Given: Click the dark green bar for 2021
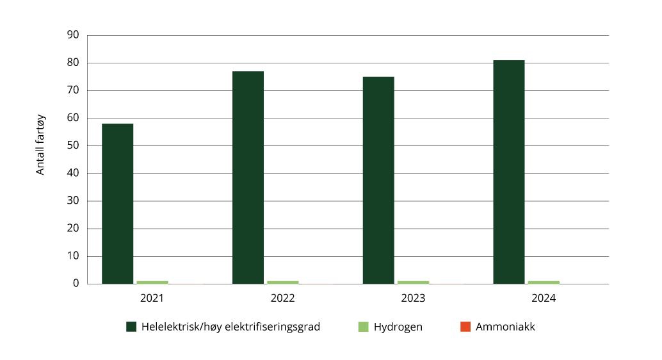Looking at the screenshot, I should coord(117,204).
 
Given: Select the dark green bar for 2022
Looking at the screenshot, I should coord(248,177).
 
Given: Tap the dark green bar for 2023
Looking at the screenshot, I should coord(378,180).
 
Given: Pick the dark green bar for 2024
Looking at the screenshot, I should coord(509,172).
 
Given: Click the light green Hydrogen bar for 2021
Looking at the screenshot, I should coord(152,282).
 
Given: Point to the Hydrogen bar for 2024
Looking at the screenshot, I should coord(544,282).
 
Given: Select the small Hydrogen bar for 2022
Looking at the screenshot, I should coord(283,282).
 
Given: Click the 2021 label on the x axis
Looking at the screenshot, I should coord(152,299).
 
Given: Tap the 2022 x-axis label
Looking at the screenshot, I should coord(282,299).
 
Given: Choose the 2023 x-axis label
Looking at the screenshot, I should coord(413,299).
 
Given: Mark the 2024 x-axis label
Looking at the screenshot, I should coord(544,299).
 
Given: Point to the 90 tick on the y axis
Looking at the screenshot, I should coord(73,35).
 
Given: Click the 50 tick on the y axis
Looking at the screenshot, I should coord(73,145).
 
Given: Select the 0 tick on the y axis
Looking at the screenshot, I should coord(76,283).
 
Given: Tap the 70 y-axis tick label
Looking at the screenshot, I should coord(73,90).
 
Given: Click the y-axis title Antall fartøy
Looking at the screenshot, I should coord(40,144).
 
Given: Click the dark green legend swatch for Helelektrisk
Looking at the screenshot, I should coord(131,327).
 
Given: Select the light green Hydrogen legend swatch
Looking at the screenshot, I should coord(363,327).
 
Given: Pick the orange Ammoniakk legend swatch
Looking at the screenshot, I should coord(465,327).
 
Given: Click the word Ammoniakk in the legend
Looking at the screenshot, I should coord(505,327).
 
